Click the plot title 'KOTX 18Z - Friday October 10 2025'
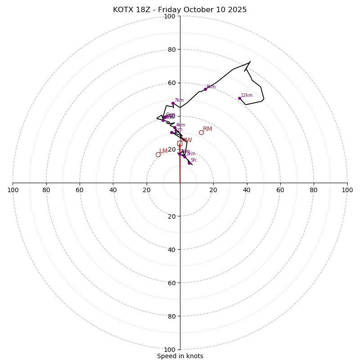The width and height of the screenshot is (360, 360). click(x=180, y=10)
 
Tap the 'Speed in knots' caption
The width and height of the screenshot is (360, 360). click(x=180, y=356)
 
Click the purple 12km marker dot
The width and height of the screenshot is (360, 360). click(x=239, y=98)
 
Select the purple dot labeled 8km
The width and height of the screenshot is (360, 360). click(x=205, y=89)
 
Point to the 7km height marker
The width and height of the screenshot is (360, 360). click(x=173, y=103)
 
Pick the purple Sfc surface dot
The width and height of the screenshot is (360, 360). click(x=189, y=163)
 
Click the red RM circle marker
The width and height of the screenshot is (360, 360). click(x=201, y=132)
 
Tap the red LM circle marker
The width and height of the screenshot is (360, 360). click(x=158, y=154)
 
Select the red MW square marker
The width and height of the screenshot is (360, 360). click(x=180, y=144)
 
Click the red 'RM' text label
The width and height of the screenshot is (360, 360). click(x=207, y=129)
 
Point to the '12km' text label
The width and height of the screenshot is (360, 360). click(x=247, y=95)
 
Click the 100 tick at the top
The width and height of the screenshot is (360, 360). click(x=170, y=16)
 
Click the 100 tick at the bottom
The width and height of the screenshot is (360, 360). click(x=170, y=350)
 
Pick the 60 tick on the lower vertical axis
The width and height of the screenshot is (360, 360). click(x=171, y=283)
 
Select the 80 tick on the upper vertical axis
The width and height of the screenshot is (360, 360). click(x=171, y=49)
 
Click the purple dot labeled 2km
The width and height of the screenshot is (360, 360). click(x=184, y=157)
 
